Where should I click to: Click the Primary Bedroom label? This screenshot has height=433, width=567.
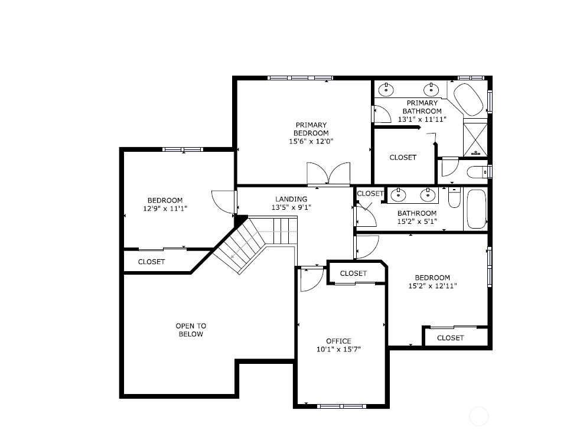311,129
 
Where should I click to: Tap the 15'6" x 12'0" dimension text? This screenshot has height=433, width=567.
311,141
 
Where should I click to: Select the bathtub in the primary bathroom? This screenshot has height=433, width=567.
468,99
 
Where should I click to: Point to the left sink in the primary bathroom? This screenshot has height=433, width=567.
386,89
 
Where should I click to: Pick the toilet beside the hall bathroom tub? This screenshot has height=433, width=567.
454,197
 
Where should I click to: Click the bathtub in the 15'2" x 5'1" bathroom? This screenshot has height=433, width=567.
476,209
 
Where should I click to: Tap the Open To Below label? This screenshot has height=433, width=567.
191,330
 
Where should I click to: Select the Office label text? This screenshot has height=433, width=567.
338,341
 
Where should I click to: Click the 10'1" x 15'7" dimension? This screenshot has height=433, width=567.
338,350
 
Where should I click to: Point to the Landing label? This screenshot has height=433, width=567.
291,199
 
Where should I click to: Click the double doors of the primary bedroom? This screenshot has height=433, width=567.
328,174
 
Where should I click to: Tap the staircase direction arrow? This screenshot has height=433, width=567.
249,244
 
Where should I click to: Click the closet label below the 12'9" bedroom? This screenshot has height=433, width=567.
152,262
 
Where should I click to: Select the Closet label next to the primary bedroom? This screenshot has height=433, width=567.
403,157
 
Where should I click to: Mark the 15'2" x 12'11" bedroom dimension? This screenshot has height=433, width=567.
432,286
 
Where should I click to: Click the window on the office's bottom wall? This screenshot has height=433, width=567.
342,406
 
